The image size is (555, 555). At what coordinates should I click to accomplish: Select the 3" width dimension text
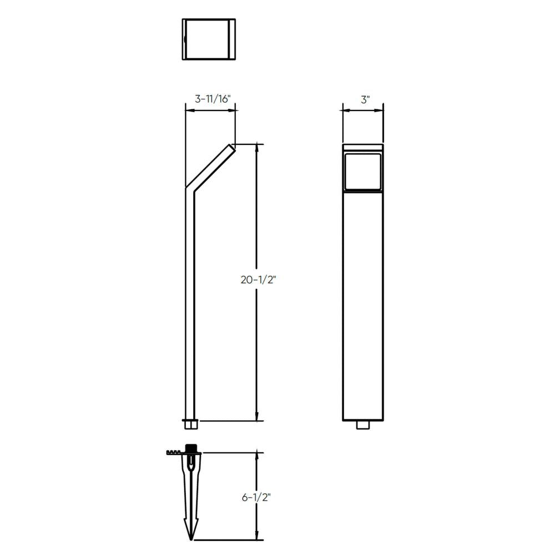(365, 99)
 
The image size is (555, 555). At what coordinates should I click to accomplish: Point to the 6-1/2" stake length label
(256, 498)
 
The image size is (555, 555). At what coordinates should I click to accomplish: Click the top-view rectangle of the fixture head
(209, 39)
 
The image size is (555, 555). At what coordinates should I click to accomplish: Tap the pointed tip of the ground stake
(192, 537)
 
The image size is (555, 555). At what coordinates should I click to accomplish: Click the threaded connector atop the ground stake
(192, 447)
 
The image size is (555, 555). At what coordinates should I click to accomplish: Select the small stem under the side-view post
(190, 425)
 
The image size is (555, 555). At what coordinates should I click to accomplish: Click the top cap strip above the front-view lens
(362, 148)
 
